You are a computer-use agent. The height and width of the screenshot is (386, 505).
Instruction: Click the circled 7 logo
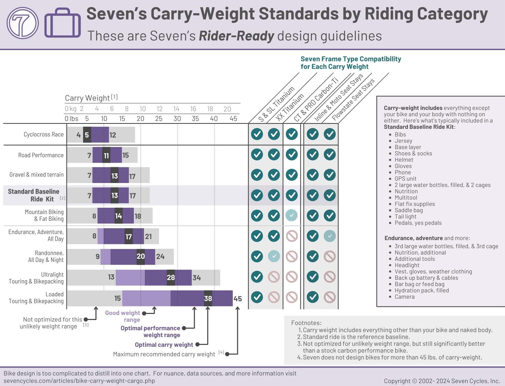[23, 23]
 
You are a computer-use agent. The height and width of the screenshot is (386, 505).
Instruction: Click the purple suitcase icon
[62, 23]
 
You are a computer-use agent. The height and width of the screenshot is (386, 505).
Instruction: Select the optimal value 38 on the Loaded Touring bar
[208, 298]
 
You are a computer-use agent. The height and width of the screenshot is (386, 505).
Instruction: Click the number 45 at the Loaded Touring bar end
[238, 299]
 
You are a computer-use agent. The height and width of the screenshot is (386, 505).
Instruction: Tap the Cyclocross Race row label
[43, 134]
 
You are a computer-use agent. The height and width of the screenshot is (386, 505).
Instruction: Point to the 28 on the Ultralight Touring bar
[171, 277]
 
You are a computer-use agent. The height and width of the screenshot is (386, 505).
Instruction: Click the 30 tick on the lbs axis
[177, 119]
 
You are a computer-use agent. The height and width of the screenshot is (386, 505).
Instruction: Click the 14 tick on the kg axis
[176, 109]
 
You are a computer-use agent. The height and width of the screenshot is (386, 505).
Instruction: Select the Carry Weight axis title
[87, 98]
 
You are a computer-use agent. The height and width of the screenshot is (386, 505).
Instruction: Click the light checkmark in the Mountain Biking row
[291, 215]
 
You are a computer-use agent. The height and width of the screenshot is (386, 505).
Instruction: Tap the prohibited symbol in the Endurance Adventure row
[292, 236]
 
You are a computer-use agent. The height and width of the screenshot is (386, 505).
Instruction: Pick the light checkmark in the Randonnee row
[274, 256]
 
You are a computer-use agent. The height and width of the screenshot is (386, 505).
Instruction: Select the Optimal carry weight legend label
[164, 345]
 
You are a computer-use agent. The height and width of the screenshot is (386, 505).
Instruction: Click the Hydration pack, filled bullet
[422, 290]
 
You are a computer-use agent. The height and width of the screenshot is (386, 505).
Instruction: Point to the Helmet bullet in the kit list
[404, 160]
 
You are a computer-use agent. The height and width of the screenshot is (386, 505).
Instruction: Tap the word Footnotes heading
[306, 323]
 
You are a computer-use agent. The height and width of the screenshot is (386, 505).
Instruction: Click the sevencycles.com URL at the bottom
[79, 381]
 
